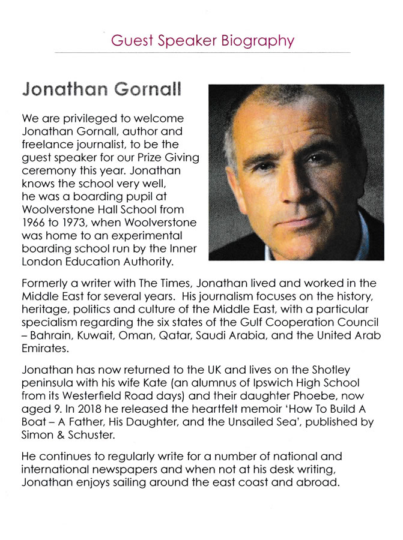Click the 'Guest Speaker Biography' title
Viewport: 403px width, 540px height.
[x=203, y=41]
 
